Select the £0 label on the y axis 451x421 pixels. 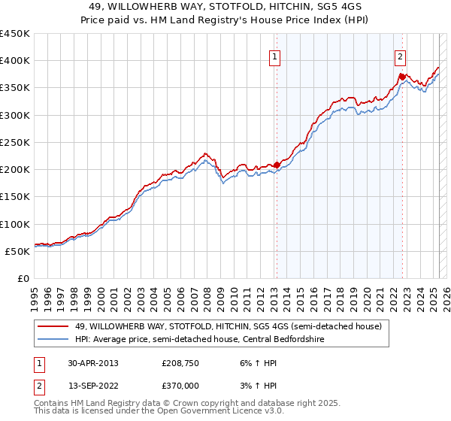23,278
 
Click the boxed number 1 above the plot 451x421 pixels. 275,56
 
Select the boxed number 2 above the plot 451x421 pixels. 401,56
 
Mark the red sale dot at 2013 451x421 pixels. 277,165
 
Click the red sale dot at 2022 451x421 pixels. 402,77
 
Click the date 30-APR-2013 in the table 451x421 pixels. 93,362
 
